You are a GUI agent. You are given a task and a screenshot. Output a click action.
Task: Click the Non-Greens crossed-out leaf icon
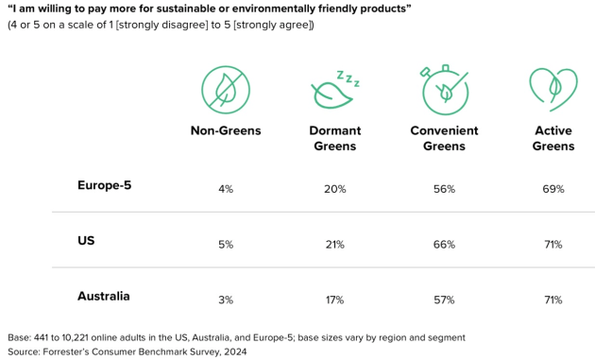point(225,90)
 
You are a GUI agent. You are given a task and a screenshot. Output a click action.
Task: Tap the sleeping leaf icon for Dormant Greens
point(334,90)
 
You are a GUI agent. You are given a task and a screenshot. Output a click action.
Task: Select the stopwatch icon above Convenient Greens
point(444,88)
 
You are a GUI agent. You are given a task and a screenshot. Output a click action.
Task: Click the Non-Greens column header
point(225,130)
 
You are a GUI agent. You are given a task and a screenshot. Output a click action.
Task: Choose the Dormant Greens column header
point(333,138)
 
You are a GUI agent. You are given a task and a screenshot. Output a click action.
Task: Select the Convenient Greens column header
point(444,138)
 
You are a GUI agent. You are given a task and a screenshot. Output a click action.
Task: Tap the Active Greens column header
point(553,138)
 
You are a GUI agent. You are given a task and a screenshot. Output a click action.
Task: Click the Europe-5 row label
point(104,185)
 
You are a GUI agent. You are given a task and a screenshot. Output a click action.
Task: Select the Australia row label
point(103,296)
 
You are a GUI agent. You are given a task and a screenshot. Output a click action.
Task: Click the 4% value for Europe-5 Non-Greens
point(225,189)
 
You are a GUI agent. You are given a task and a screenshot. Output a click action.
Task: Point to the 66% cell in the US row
point(444,245)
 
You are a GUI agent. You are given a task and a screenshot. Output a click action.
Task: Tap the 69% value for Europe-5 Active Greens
point(553,189)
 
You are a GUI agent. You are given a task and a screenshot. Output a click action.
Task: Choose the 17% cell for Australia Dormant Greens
point(334,300)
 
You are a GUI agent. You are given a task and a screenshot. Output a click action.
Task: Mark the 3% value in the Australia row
point(225,300)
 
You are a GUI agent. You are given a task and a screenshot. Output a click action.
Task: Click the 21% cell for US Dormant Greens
point(334,245)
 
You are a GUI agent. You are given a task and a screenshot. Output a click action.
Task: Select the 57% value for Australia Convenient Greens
point(444,300)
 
